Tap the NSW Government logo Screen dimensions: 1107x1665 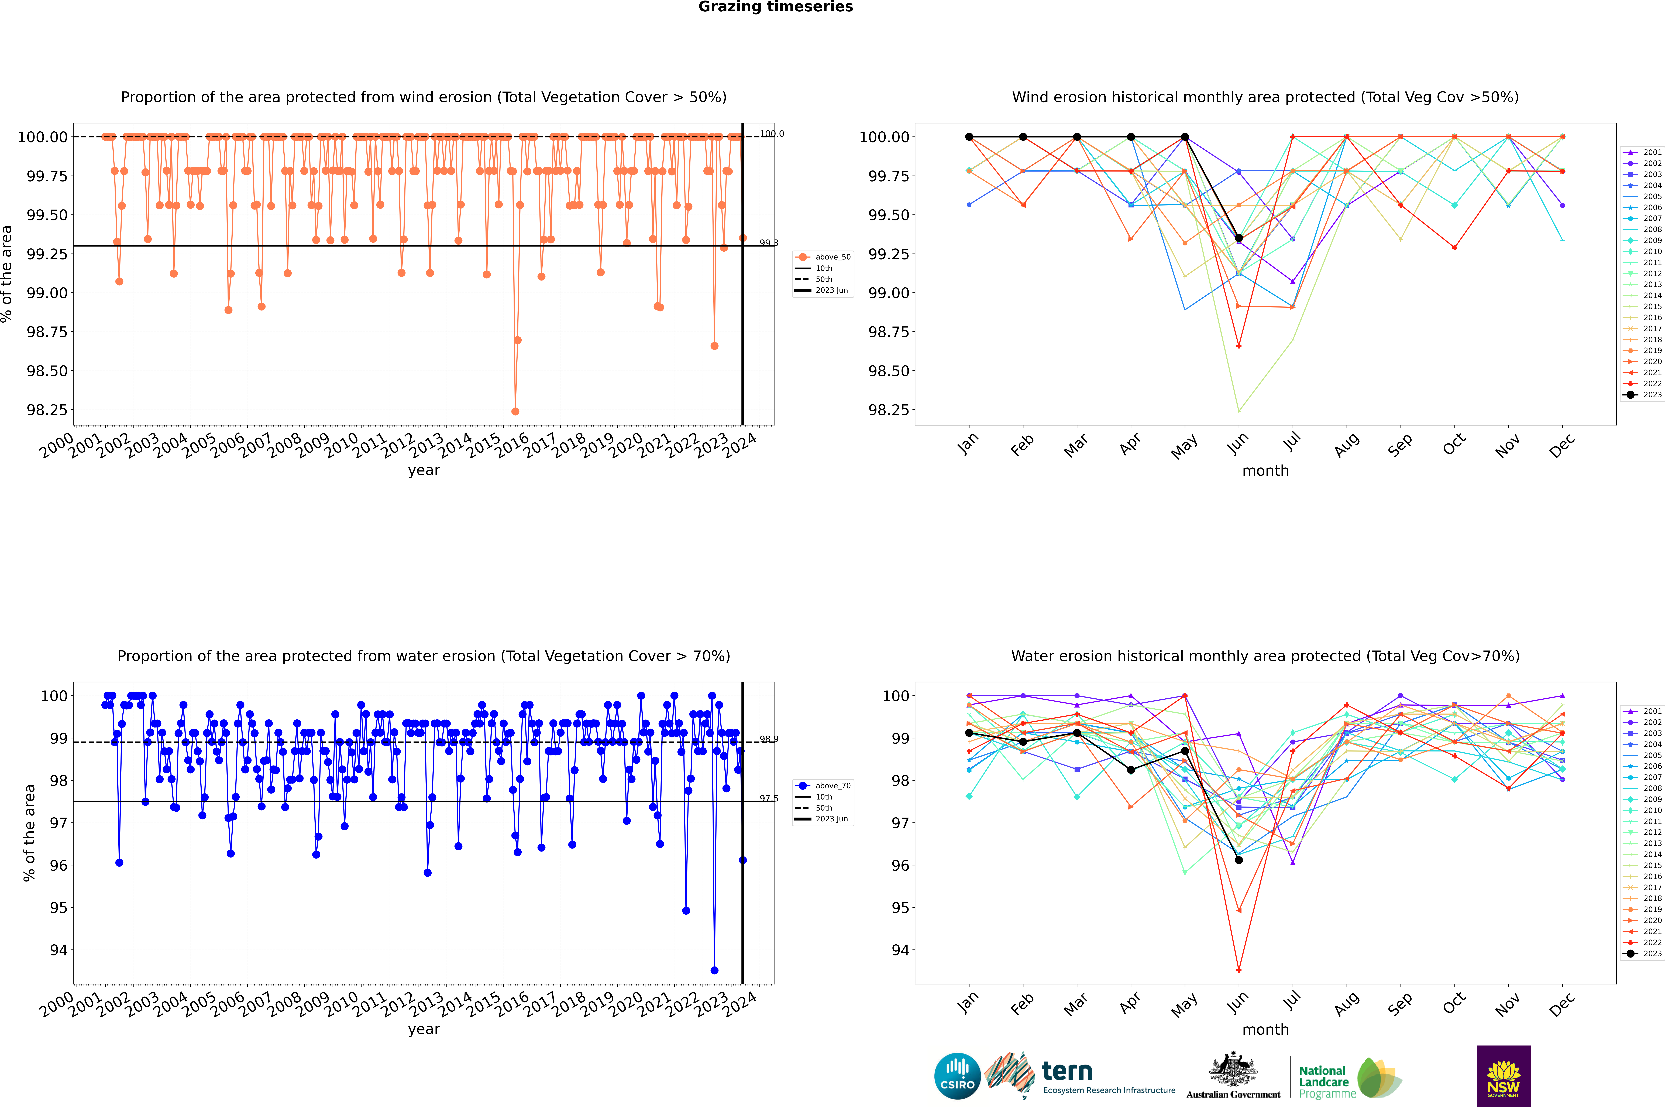pyautogui.click(x=1503, y=1076)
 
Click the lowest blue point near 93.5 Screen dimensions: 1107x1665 pyautogui.click(x=714, y=970)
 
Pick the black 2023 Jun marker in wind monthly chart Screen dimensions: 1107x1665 pyautogui.click(x=1239, y=238)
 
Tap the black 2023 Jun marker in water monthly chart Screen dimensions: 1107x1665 pyautogui.click(x=1239, y=860)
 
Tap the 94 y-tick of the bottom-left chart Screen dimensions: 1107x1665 pyautogui.click(x=58, y=950)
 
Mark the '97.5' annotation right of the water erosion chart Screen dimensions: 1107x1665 pyautogui.click(x=769, y=798)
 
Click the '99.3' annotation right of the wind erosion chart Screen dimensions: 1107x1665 pyautogui.click(x=769, y=243)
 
